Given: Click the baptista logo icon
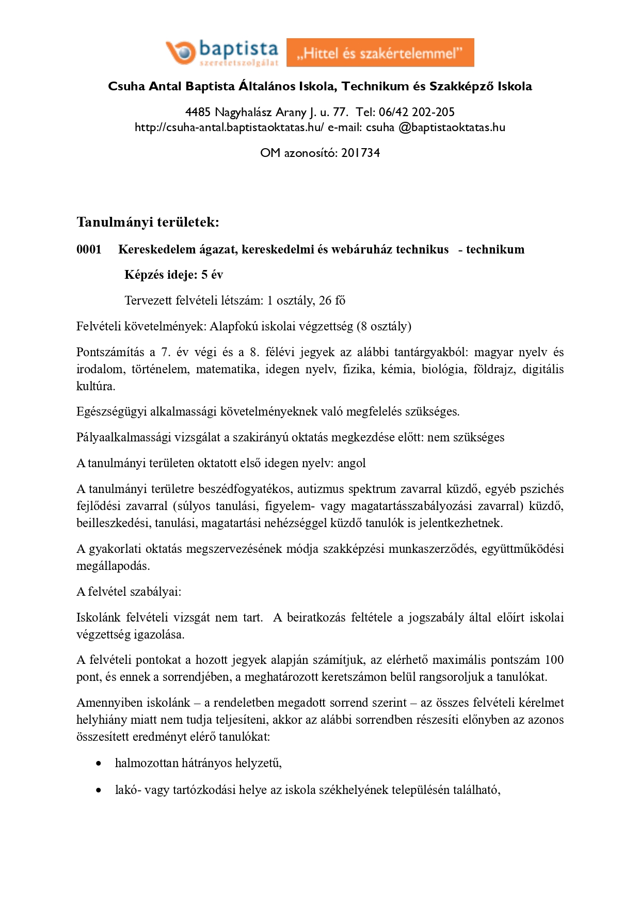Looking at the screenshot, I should coord(180,52).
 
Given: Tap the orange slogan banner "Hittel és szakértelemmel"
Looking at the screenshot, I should coord(380,53).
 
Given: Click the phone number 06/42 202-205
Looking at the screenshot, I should coord(417,112).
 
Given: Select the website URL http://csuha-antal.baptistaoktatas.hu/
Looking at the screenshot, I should coord(229,128).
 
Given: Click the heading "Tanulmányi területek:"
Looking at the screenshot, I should coord(148,222).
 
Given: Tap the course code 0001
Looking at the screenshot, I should coord(89,250).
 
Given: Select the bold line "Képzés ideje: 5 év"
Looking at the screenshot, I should coord(173,275).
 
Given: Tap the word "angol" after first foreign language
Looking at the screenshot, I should coord(351,463).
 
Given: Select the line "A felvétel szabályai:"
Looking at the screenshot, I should coord(129,592).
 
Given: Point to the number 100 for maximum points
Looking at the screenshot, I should coord(554,660).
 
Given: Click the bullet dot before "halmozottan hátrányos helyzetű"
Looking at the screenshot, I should coord(99,763).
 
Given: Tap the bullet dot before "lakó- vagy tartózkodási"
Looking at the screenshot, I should coord(99,790).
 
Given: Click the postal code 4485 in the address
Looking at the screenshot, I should coord(198,112).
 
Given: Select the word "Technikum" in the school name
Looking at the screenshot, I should coord(375,86).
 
